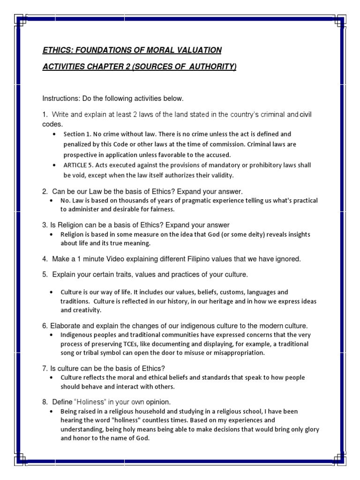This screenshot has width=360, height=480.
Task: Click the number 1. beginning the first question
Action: point(45,114)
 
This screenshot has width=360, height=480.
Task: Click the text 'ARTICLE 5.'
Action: point(80,165)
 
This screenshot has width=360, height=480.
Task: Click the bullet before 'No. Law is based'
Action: point(51,201)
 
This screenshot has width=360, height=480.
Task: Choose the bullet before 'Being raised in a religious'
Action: point(51,412)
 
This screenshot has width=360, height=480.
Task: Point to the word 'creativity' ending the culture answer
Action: point(86,310)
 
